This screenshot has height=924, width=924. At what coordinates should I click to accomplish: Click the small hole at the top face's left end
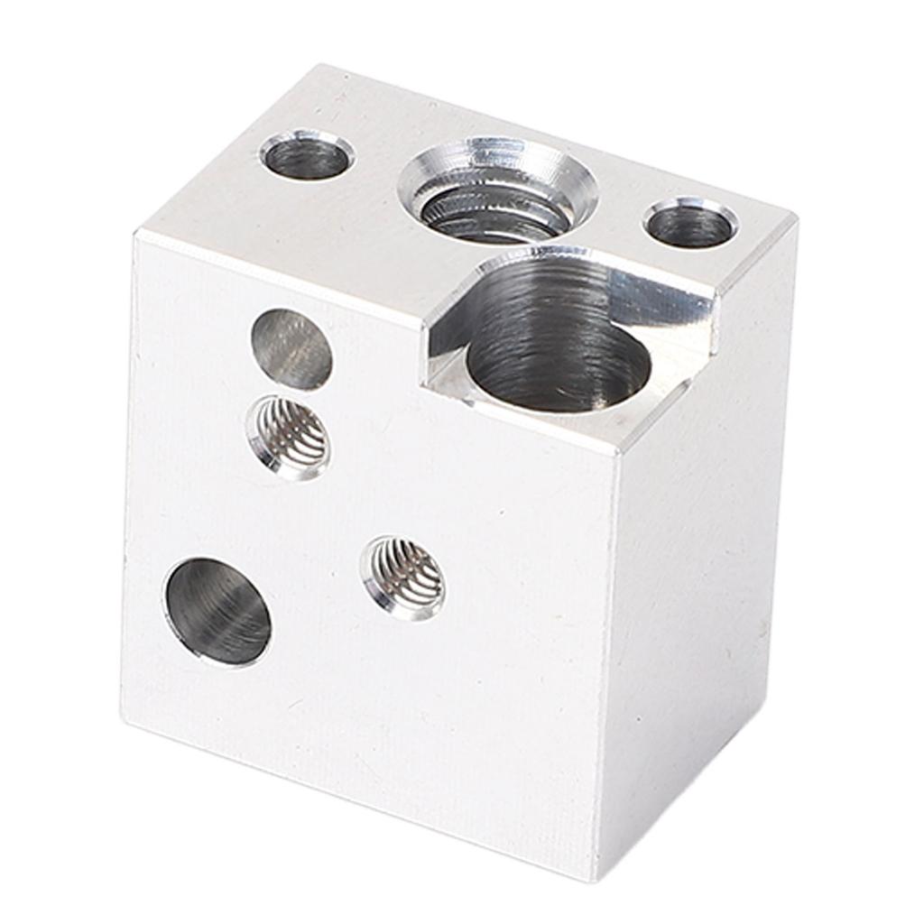point(307,155)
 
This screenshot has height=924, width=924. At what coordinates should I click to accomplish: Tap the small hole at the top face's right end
point(690,223)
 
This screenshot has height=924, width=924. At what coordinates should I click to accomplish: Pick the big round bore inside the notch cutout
point(558,365)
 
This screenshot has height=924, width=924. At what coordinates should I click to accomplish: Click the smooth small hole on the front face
point(291,349)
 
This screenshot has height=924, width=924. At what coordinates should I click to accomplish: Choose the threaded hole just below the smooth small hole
point(288,437)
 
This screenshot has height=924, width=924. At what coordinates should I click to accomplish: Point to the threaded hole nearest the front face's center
point(403,577)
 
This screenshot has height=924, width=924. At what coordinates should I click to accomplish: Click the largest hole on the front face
point(217,611)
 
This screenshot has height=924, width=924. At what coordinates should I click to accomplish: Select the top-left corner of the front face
point(135,233)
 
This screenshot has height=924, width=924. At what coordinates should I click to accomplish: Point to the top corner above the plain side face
point(795,216)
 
